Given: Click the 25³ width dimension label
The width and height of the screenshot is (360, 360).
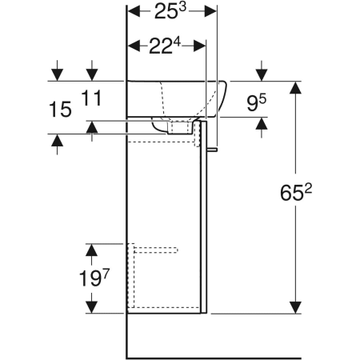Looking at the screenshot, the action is (x=170, y=11).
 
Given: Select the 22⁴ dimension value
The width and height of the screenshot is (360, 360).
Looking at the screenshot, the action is (x=165, y=46).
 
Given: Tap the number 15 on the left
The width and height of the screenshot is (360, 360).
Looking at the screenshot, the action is (x=61, y=109).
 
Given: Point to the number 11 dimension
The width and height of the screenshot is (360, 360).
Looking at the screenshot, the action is (x=91, y=98).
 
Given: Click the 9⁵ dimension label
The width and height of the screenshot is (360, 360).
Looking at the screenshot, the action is (x=256, y=102).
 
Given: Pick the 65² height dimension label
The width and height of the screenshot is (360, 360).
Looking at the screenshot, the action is (x=296, y=192).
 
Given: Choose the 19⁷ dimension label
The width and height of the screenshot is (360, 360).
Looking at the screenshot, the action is (x=94, y=278).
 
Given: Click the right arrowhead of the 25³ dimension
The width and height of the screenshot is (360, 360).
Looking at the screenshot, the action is (x=210, y=11).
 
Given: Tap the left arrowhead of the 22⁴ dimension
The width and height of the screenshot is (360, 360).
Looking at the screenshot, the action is (x=134, y=46).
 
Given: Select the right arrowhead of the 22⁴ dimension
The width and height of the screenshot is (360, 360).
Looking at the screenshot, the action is (x=200, y=46).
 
